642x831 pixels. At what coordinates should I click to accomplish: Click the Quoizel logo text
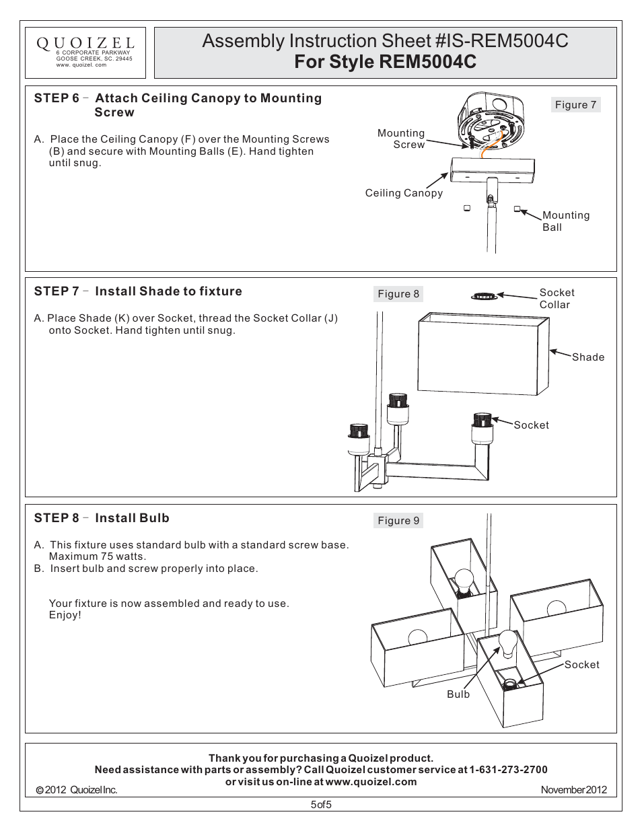coord(85,43)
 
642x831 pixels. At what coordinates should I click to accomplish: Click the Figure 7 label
coord(575,105)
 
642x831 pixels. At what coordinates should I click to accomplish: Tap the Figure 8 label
coord(398,294)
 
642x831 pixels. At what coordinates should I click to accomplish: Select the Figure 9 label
coord(398,521)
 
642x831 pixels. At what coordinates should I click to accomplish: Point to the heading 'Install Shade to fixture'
coord(168,291)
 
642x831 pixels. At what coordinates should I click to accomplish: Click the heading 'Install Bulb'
coord(132,518)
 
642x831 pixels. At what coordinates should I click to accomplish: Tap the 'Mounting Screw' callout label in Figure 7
coord(402,139)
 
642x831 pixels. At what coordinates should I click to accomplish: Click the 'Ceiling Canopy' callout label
coord(404,193)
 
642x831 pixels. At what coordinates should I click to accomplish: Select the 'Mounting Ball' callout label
coord(565,221)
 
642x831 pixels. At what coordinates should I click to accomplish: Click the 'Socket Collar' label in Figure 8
coord(557,299)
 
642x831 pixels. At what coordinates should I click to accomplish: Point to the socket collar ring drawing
coord(484,295)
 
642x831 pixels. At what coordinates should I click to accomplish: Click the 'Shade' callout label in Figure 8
coord(587,357)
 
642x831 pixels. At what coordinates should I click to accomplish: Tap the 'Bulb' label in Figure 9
coord(458,694)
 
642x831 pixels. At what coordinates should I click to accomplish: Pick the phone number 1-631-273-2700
coord(508,770)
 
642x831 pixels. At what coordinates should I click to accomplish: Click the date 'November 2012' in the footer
coord(573,790)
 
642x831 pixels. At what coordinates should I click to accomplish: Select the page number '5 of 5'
coord(321,805)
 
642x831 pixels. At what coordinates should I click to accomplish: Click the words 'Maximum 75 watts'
coord(97,556)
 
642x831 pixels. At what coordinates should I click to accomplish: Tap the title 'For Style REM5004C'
coord(385,62)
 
